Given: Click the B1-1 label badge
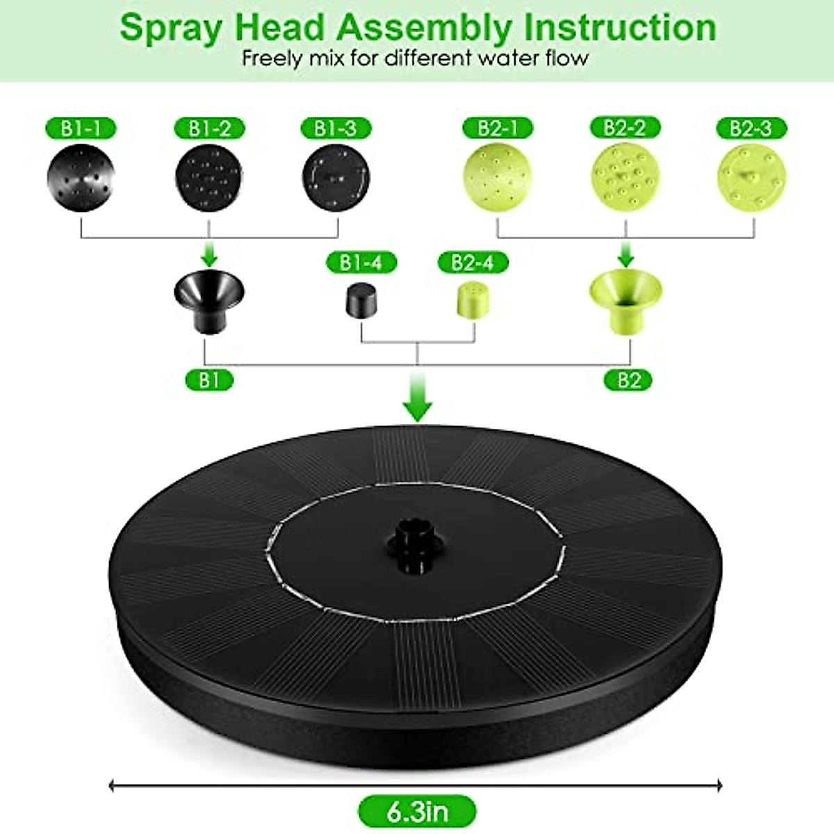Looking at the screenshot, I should point(81,129).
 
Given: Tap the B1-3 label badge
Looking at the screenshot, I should point(336,129).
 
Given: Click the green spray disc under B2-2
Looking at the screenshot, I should point(625,177).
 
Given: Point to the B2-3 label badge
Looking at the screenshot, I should point(751,129).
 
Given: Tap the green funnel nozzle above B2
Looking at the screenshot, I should point(625,301).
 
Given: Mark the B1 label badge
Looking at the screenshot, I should point(208,380).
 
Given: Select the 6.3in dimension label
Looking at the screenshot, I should point(417,811).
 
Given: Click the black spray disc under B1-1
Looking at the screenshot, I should point(81,177).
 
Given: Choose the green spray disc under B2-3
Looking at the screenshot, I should point(751,177).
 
